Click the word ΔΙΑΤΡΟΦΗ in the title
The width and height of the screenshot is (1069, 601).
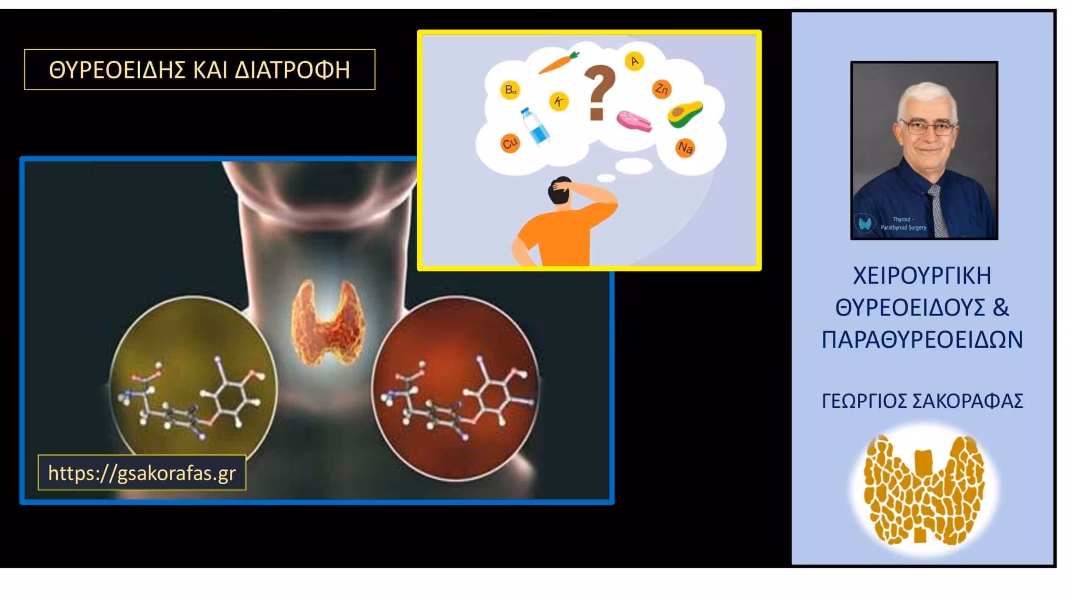coord(292,70)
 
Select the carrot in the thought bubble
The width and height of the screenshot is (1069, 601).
coord(558,63)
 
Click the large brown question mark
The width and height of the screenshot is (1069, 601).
coord(600,93)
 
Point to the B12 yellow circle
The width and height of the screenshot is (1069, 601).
coord(510,90)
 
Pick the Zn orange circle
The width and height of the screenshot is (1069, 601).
coord(662,88)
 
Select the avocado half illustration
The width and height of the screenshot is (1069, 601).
coord(685,114)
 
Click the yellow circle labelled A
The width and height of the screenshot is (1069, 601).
coord(634,62)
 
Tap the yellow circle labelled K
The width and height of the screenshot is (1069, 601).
coord(559,101)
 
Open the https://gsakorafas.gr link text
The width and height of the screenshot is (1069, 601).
coord(142,473)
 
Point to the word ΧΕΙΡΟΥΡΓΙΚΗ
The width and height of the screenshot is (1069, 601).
coord(922,276)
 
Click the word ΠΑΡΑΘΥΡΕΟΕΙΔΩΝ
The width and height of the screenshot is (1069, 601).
coord(922,339)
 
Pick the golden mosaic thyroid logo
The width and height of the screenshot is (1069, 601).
coord(924,490)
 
